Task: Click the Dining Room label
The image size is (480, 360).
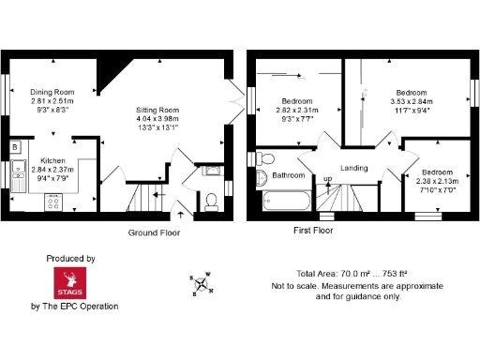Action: [x=52, y=92]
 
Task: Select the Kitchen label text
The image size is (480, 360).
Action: [x=52, y=160]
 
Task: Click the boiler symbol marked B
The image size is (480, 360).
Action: [x=15, y=148]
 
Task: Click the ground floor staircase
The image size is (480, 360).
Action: [x=146, y=199]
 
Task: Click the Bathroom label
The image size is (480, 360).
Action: [x=289, y=175]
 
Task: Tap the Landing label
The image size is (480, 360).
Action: [x=353, y=168]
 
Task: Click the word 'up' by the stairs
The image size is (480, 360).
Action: [x=327, y=179]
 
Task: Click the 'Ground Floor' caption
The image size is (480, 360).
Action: [x=155, y=232]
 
